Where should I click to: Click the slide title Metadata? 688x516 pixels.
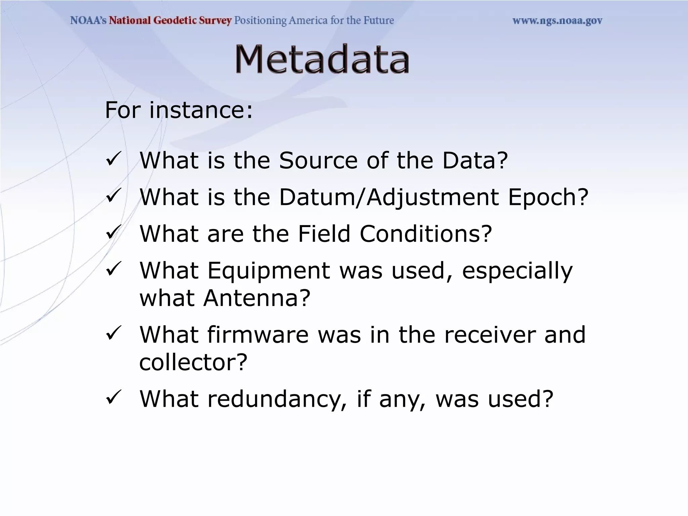click(x=321, y=59)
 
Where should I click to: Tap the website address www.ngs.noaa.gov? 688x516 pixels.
click(x=557, y=21)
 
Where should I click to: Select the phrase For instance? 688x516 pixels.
click(x=179, y=110)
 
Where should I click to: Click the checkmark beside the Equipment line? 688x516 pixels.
click(x=113, y=269)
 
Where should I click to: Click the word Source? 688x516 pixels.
click(x=318, y=160)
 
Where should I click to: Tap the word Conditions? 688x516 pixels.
click(x=426, y=234)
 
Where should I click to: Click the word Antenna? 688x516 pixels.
click(x=257, y=298)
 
